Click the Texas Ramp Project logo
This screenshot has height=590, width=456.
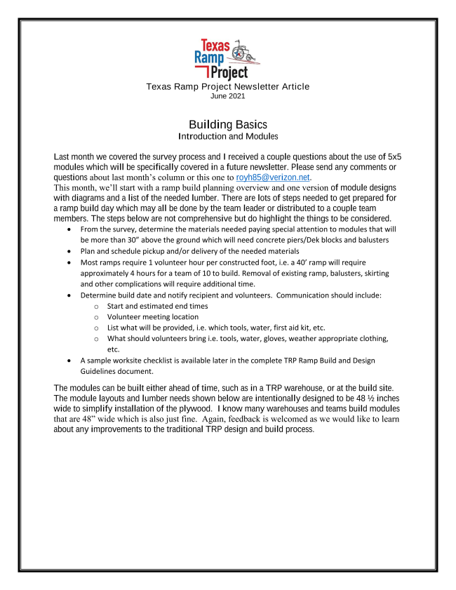pos(228,60)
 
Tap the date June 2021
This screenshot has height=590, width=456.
pos(228,96)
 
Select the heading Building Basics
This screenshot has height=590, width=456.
pos(228,124)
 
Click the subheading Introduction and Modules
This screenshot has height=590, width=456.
pos(228,136)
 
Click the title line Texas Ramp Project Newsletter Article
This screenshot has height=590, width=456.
pos(228,86)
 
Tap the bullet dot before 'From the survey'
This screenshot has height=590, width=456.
pos(67,230)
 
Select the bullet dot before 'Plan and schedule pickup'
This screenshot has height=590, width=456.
pos(67,251)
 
